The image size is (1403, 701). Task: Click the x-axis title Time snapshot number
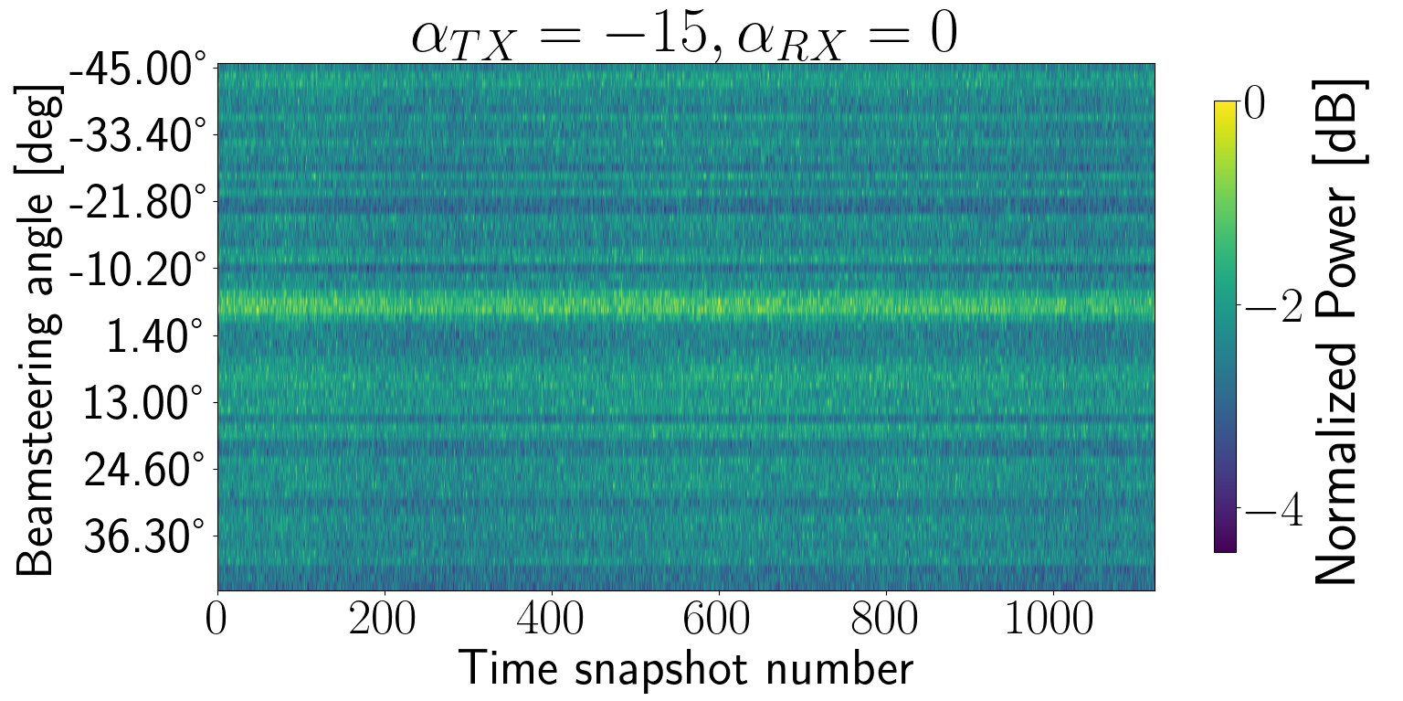(685, 670)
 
